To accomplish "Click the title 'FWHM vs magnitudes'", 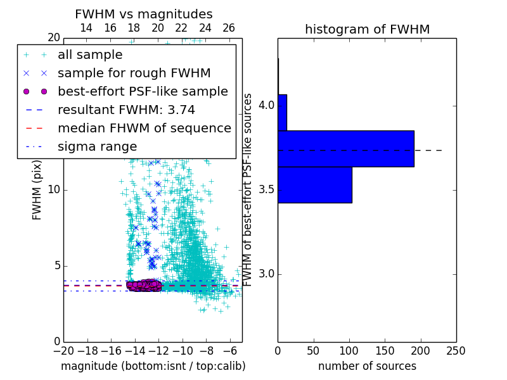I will pyautogui.click(x=144, y=14).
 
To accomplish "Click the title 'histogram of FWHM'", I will pyautogui.click(x=367, y=29).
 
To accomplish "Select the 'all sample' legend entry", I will pyautogui.click(x=90, y=55).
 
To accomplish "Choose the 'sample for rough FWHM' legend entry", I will pyautogui.click(x=134, y=73).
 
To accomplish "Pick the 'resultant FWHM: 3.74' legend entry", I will pyautogui.click(x=124, y=110).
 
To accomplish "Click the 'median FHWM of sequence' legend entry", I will pyautogui.click(x=144, y=128).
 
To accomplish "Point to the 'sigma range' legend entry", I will pyautogui.click(x=97, y=146).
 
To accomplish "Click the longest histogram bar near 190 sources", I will pyautogui.click(x=346, y=149).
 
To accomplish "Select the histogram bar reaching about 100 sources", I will pyautogui.click(x=315, y=185).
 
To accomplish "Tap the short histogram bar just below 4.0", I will pyautogui.click(x=282, y=113).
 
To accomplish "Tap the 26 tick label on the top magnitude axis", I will pyautogui.click(x=229, y=28).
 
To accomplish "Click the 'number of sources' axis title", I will pyautogui.click(x=367, y=366).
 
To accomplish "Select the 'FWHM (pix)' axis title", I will pyautogui.click(x=37, y=196).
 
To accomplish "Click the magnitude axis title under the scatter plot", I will pyautogui.click(x=153, y=366).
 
